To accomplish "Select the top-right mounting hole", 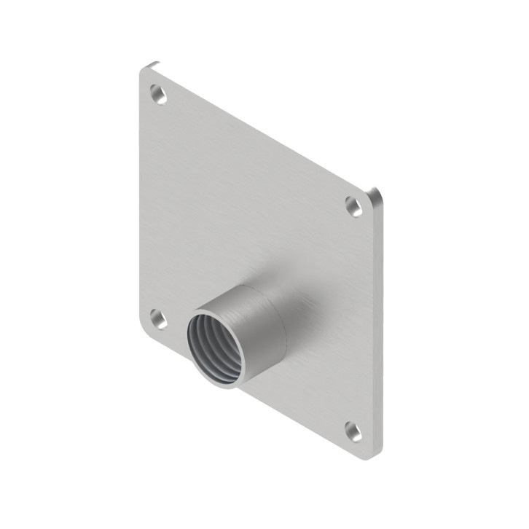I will [354, 206].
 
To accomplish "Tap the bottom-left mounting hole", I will [158, 318].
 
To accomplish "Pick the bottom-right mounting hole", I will [354, 431].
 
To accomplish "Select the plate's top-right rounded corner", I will [374, 193].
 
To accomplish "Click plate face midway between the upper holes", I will [256, 150].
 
